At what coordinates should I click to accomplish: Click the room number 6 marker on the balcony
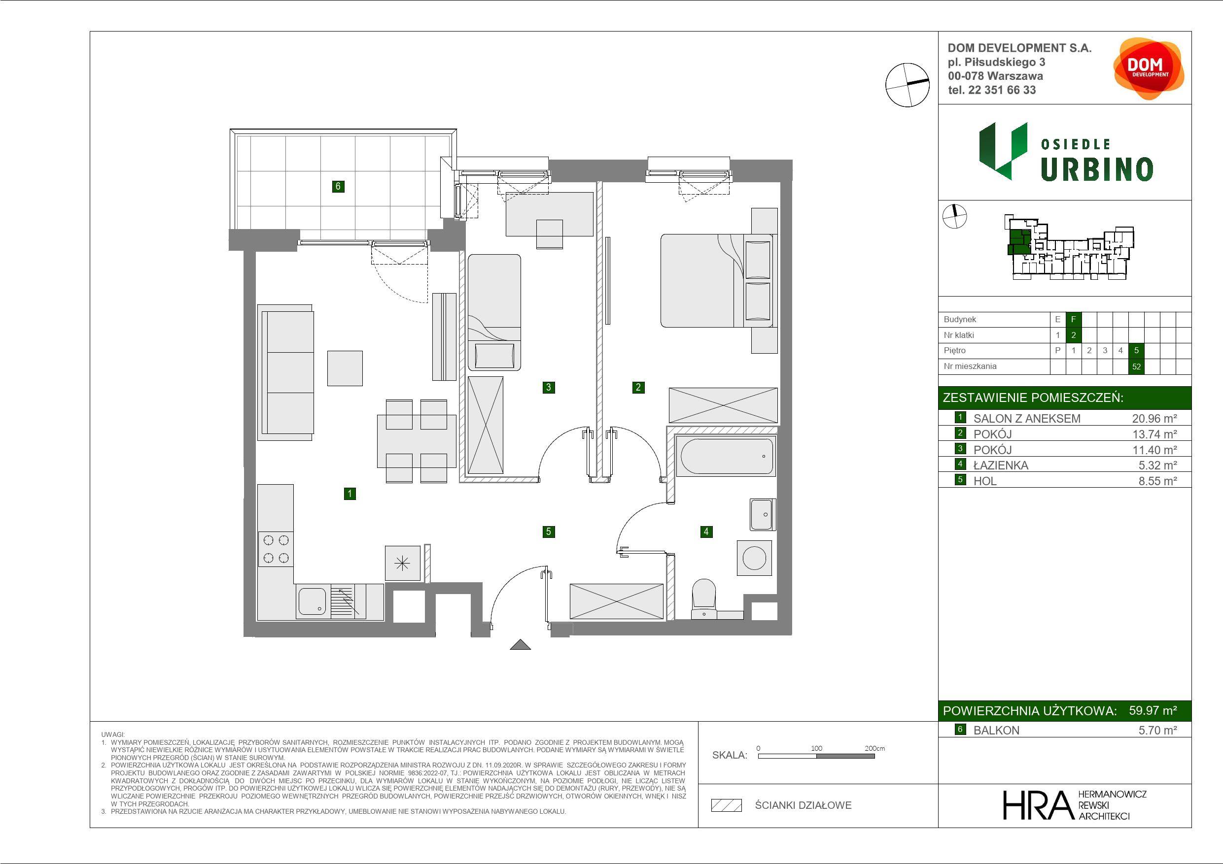pos(338,186)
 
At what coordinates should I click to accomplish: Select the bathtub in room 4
pos(726,456)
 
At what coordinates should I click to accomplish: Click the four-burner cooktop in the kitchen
pos(276,549)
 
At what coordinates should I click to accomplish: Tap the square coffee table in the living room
pos(345,368)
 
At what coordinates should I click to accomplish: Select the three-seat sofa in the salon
pos(285,373)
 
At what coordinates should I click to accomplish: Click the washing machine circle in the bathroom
pos(754,558)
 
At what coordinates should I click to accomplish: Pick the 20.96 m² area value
pos(1154,418)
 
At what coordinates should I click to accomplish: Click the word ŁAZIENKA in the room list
pos(1001,465)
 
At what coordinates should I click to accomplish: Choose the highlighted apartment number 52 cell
pos(1136,366)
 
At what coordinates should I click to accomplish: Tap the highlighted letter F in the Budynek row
pos(1073,319)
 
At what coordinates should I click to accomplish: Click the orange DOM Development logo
pos(1149,68)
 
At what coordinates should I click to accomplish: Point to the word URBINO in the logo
pos(1097,169)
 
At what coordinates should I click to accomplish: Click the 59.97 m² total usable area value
pos(1153,710)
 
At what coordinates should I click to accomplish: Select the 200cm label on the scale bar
pos(874,748)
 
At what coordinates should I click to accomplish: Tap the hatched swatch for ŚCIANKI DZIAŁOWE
pos(727,805)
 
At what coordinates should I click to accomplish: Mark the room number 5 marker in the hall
pos(548,532)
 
